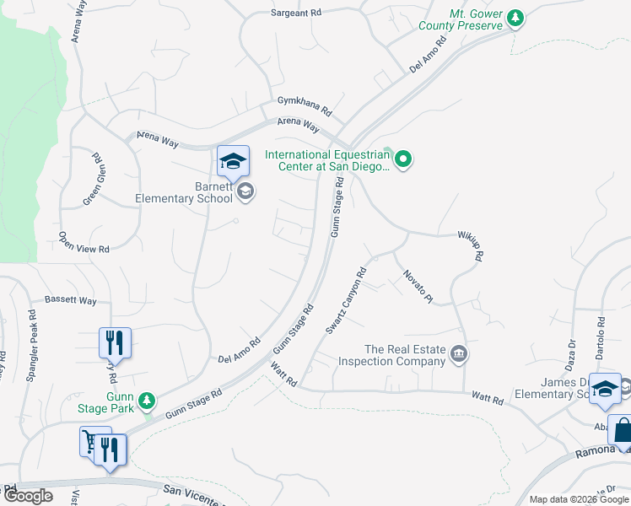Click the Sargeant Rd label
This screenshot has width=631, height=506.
click(x=296, y=13)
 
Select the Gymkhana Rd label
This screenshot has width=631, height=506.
click(x=305, y=106)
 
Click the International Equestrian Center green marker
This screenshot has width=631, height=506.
click(x=403, y=159)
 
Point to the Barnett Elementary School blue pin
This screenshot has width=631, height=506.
click(x=233, y=162)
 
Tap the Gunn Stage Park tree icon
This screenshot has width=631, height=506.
click(x=148, y=399)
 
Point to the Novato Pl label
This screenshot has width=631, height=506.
click(x=417, y=287)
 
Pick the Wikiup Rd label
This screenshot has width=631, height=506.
click(x=469, y=245)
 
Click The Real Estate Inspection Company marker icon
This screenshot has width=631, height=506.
click(x=458, y=353)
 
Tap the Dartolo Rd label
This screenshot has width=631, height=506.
click(x=600, y=335)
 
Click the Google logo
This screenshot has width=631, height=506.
click(x=28, y=496)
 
